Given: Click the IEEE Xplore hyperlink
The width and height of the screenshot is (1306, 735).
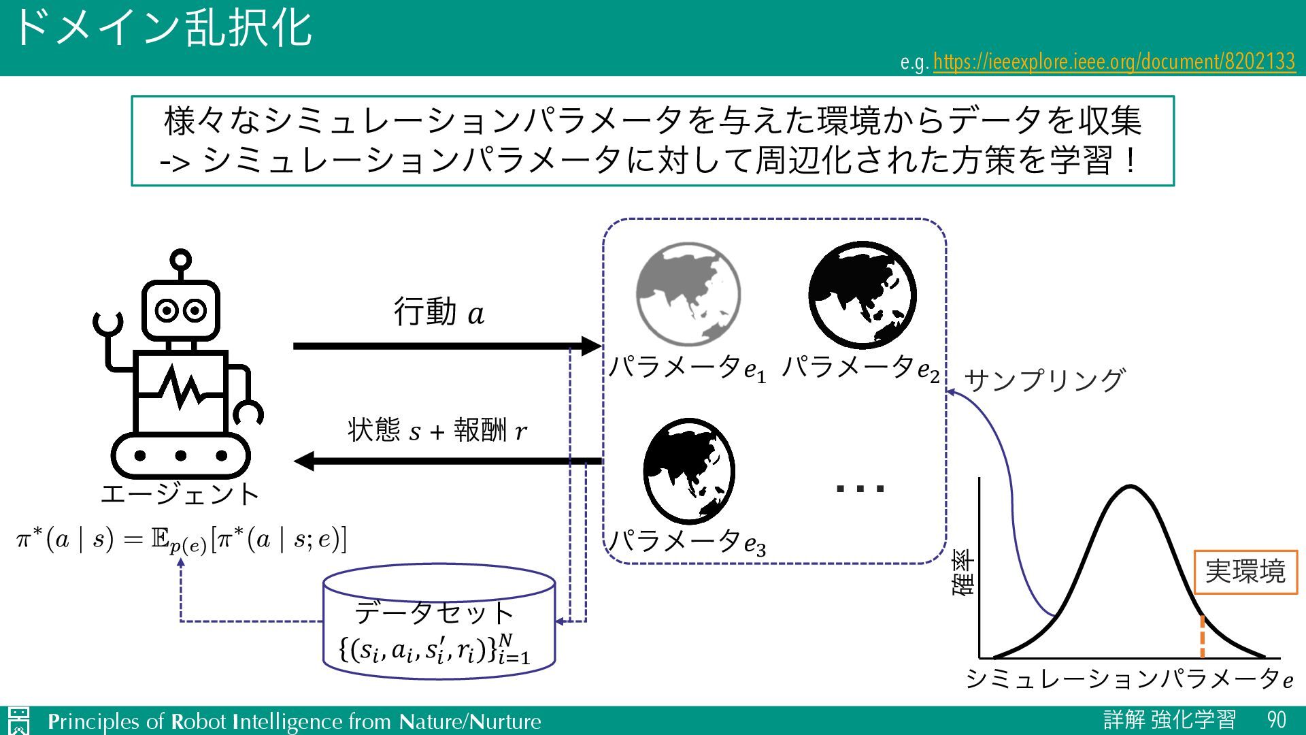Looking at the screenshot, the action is [x=1114, y=62].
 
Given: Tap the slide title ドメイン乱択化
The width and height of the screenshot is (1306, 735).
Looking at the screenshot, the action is [x=162, y=29].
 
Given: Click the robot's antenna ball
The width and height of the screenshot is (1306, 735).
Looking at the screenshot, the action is [x=180, y=259].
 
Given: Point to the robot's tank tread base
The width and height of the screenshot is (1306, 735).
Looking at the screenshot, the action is [x=180, y=455].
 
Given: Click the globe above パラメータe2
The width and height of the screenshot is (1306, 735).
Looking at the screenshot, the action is [x=862, y=295].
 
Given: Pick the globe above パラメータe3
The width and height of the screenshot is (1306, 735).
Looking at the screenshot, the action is [x=688, y=471].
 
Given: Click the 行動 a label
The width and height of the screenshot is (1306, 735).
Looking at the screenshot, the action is [x=439, y=312].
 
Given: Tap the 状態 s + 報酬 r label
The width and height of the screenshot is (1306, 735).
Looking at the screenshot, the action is [x=437, y=430].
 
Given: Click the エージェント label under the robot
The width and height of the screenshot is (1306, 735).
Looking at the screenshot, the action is [x=180, y=494].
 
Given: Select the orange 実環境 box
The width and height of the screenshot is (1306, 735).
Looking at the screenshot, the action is [x=1245, y=572].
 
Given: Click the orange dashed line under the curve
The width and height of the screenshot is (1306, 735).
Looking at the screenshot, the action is [x=1202, y=637].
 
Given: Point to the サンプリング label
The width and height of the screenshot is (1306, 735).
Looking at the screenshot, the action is [x=1044, y=380].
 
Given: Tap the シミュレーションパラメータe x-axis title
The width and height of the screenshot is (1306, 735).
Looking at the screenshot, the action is [x=1129, y=679].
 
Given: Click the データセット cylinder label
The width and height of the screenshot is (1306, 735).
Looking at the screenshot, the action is [x=434, y=612].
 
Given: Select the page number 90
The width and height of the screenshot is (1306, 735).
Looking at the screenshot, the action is [x=1276, y=720].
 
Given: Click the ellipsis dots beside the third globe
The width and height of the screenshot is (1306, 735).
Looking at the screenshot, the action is [x=860, y=488].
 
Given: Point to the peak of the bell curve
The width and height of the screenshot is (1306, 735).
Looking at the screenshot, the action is [x=1130, y=486].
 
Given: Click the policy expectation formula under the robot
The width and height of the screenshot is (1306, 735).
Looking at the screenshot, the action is [x=181, y=540].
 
